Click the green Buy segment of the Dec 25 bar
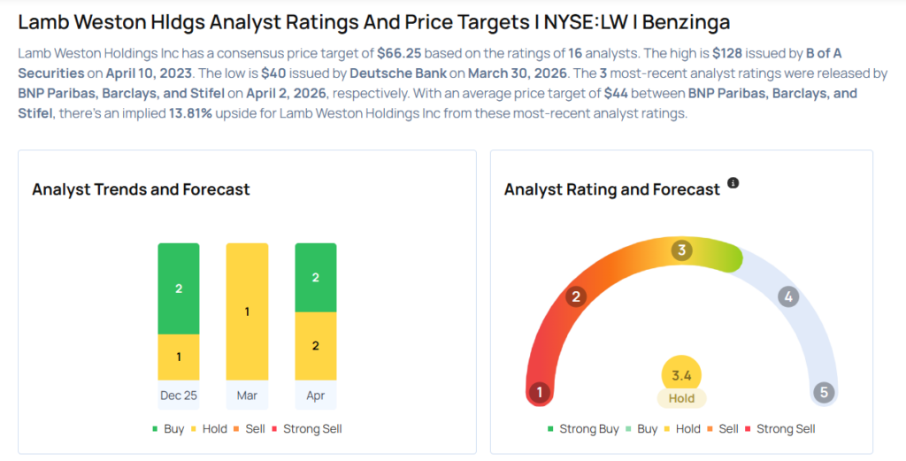(179, 288)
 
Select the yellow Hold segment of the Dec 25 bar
(179, 357)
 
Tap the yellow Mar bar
(247, 311)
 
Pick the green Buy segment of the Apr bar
(316, 277)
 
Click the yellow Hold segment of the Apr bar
(316, 346)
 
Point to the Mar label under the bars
(247, 396)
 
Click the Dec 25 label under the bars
(179, 396)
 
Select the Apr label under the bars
(316, 396)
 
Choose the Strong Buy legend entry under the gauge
(583, 429)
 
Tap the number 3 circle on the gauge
(681, 250)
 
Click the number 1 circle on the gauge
(539, 392)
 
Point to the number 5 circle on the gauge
(824, 392)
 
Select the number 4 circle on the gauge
(787, 296)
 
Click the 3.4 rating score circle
(681, 375)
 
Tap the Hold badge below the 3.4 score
(681, 398)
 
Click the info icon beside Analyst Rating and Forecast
(733, 183)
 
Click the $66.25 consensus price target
(399, 52)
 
